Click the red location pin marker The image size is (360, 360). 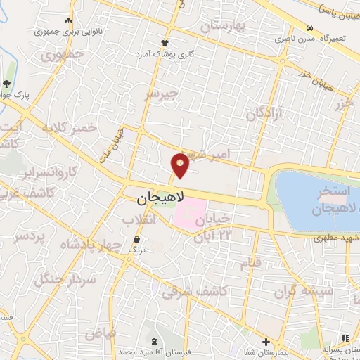(x=181, y=165)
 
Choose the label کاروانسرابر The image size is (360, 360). (x=50, y=171)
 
